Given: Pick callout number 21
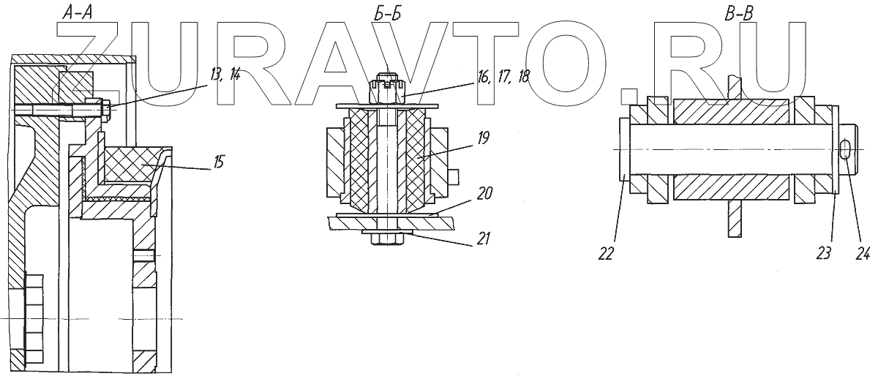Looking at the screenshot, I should [482, 239].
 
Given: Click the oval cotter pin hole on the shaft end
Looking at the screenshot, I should [846, 150].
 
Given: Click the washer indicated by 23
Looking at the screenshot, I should [835, 150].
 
